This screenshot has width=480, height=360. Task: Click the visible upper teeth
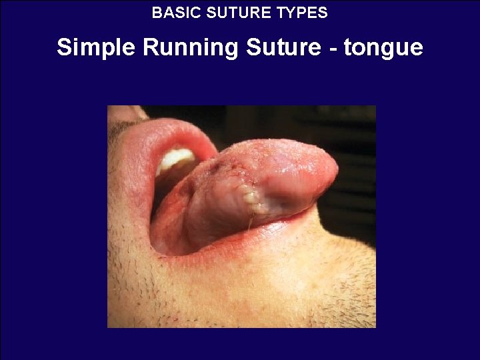click(x=177, y=159)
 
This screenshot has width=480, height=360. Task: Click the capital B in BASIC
click(x=156, y=12)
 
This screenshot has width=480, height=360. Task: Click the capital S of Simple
click(x=65, y=47)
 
